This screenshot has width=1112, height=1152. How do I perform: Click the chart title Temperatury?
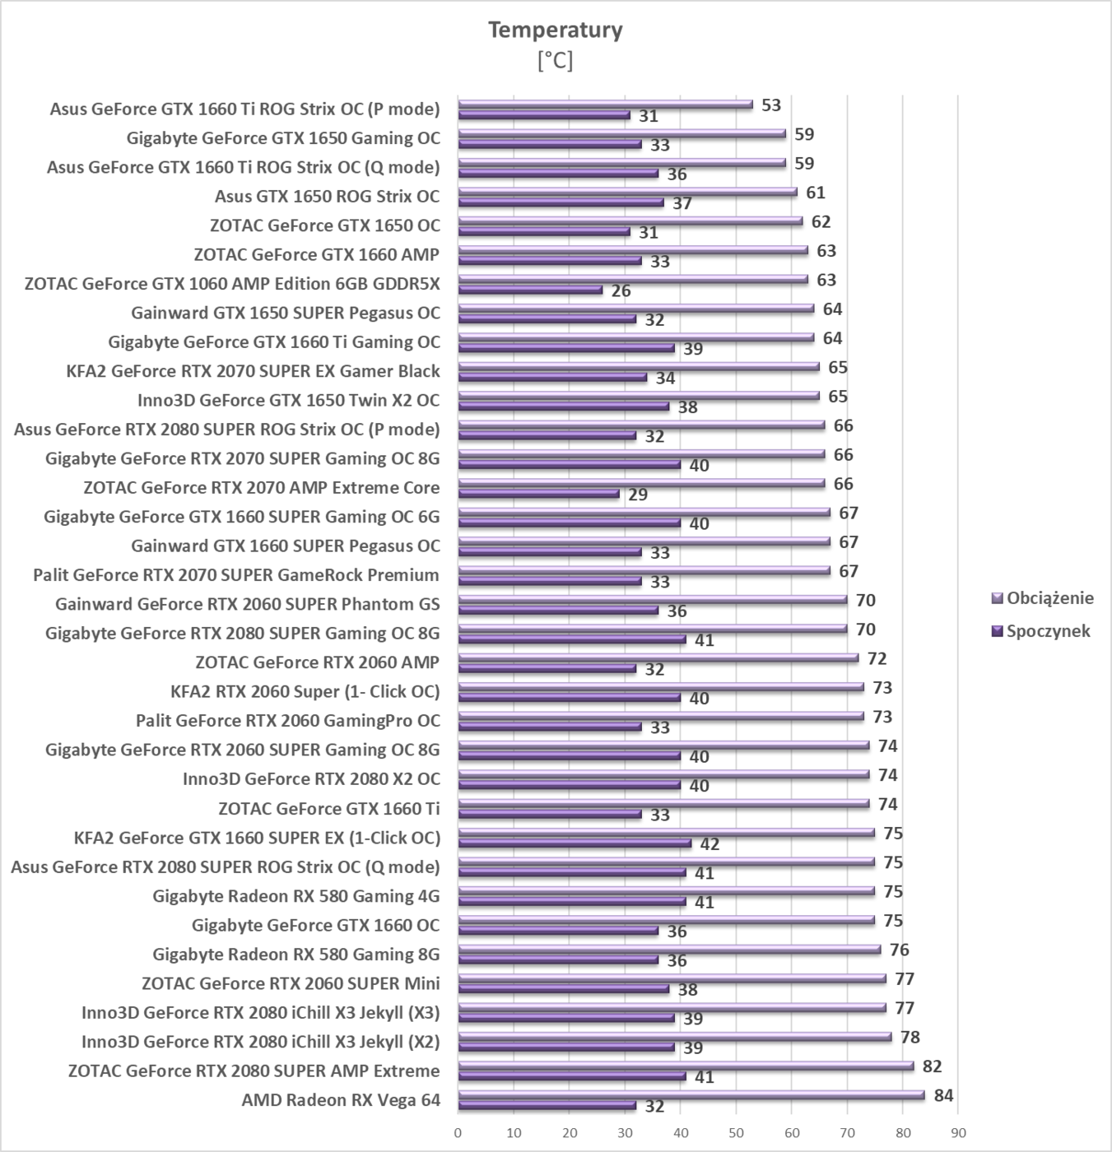[x=556, y=30]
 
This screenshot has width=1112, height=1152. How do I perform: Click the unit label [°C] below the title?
[x=556, y=61]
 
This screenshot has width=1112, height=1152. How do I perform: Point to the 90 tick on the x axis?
[x=958, y=1132]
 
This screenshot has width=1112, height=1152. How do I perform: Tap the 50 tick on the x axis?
[x=736, y=1132]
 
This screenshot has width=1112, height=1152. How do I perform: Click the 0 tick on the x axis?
[x=458, y=1132]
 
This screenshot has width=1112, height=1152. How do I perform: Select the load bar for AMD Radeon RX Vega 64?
[x=691, y=1094]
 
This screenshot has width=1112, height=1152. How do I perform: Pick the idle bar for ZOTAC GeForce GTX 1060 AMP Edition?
[x=530, y=290]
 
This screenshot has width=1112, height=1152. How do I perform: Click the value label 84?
[x=943, y=1095]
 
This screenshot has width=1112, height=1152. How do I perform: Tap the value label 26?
[x=621, y=290]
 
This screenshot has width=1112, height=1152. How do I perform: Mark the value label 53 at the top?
[x=771, y=105]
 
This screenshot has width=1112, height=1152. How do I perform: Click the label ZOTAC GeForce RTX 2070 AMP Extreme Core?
[x=262, y=488]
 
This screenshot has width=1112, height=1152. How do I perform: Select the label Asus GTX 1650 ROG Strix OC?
[x=327, y=197]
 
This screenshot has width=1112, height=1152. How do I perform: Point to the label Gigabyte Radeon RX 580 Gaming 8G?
[x=296, y=955]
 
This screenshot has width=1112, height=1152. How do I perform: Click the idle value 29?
[x=638, y=495]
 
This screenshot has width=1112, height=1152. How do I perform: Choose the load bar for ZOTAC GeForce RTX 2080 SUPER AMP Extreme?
[x=686, y=1066]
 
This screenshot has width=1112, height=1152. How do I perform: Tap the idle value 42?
[x=710, y=844]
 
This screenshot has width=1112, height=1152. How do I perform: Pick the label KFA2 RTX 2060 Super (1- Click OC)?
[x=305, y=691]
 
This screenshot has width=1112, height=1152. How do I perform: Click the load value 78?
[x=910, y=1037]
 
